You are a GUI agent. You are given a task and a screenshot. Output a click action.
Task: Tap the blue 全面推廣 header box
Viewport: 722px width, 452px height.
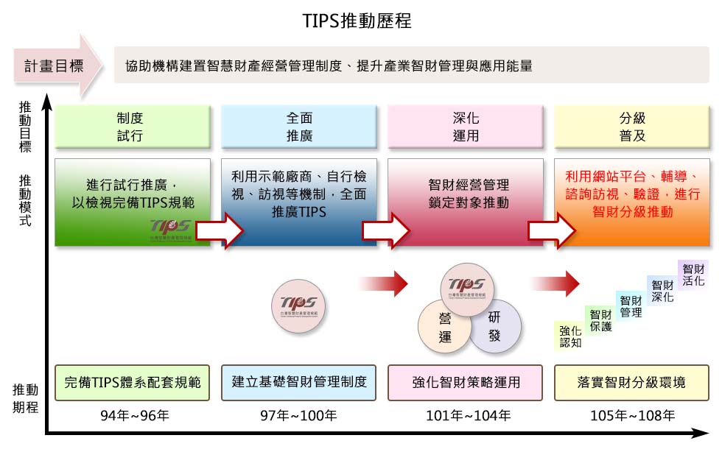click(299, 127)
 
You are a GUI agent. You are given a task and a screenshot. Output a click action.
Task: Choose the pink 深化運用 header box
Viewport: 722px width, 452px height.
click(466, 127)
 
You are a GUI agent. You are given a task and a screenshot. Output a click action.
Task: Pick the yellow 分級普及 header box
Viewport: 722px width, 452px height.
click(632, 127)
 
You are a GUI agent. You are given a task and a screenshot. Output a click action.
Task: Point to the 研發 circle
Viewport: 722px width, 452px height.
click(494, 325)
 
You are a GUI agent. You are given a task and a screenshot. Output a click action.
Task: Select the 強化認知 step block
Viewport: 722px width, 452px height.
click(570, 336)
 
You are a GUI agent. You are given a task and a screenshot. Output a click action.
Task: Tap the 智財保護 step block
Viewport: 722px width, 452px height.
click(600, 320)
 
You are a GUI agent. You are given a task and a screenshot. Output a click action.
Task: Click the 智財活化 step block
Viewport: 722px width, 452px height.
click(693, 274)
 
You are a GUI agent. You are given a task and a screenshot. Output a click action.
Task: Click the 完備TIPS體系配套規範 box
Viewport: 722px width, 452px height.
click(133, 382)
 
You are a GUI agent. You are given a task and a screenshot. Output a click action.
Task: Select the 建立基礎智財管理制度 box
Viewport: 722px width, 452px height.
click(299, 382)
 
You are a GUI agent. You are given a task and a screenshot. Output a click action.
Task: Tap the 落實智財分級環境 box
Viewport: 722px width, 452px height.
click(632, 382)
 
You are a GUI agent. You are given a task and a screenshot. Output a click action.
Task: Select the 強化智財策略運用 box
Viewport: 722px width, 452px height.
click(466, 382)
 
